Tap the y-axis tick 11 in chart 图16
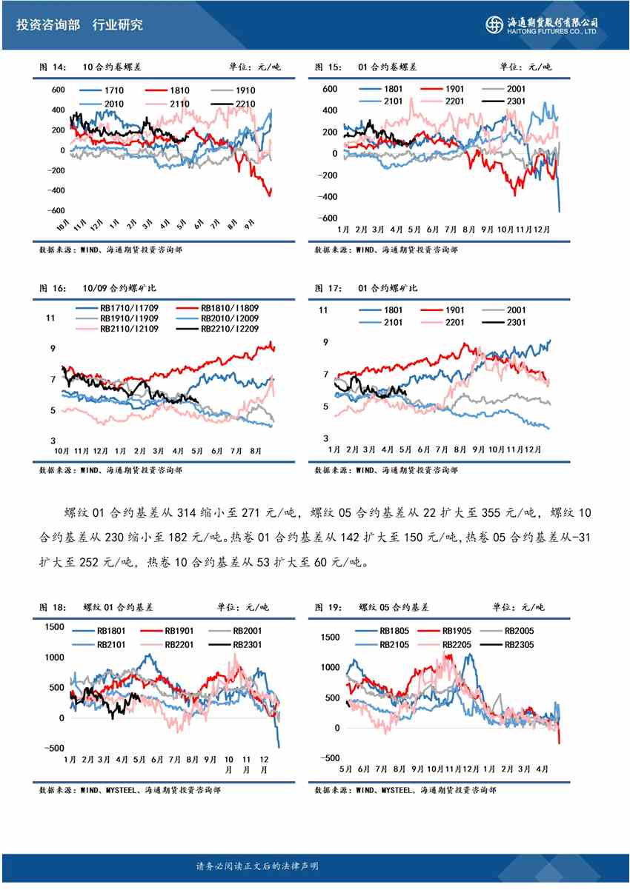pos(50,318)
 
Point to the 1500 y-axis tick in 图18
pos(55,627)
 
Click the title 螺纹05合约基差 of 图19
pos(393,607)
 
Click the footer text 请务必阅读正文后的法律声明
pos(257,866)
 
